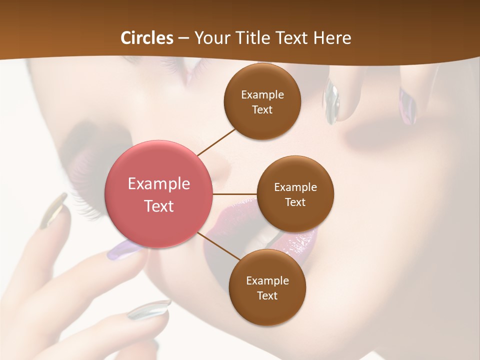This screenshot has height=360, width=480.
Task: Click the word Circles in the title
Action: click(147, 38)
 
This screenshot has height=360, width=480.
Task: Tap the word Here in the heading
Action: click(332, 38)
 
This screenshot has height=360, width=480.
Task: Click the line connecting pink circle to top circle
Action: click(216, 142)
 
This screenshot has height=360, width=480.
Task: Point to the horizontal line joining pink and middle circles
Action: click(234, 194)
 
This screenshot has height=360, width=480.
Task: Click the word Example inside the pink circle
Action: click(159, 184)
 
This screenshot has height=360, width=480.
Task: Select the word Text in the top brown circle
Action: click(262, 109)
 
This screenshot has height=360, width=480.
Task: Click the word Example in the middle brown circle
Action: click(295, 187)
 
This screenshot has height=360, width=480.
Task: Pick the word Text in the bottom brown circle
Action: click(267, 295)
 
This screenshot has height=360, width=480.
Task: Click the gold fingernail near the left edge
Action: click(54, 211)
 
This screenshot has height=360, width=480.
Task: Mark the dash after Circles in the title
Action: click(183, 38)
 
